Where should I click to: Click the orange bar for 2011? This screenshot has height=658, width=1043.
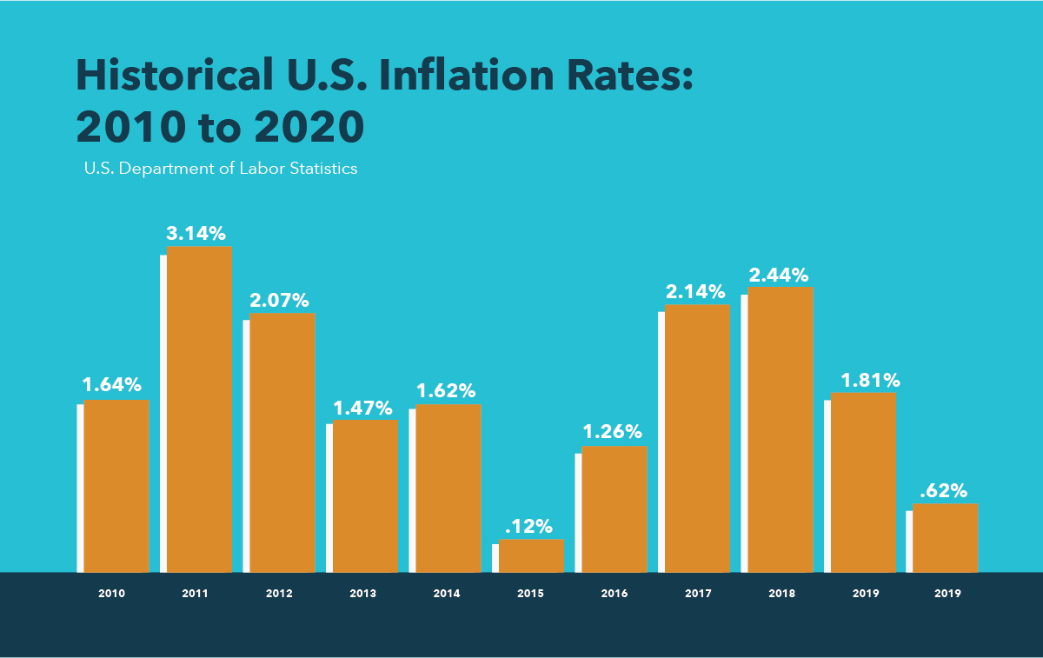click(x=199, y=409)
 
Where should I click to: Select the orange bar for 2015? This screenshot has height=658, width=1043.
click(x=531, y=555)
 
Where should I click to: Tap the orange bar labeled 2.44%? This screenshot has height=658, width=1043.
click(x=781, y=429)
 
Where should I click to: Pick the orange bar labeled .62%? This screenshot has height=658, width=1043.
click(x=946, y=538)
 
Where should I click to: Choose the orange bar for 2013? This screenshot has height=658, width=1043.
click(x=365, y=496)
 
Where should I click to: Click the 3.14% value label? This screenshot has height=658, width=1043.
click(x=197, y=233)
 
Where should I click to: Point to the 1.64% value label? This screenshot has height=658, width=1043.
click(x=112, y=384)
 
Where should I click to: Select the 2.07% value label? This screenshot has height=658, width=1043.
click(x=280, y=301)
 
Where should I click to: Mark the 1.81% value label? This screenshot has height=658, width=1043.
click(x=870, y=380)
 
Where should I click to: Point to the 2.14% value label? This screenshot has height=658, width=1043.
click(x=696, y=291)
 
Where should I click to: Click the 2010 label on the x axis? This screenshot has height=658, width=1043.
click(x=111, y=594)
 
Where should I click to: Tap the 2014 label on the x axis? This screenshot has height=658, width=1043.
click(x=447, y=594)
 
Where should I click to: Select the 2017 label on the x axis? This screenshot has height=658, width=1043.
click(x=697, y=594)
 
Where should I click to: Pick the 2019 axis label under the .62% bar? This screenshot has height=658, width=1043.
click(x=947, y=594)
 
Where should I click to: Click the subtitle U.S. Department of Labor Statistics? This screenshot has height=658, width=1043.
click(x=221, y=169)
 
